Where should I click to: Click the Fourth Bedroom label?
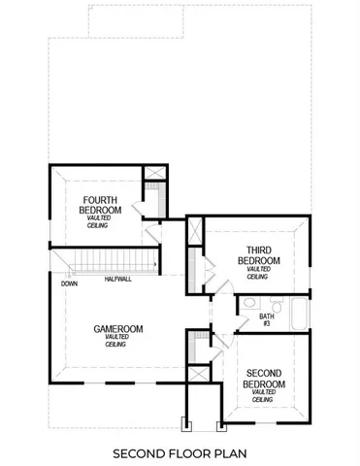click(x=101, y=205)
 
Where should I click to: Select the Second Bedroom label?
click(x=264, y=379)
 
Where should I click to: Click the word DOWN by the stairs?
click(x=68, y=284)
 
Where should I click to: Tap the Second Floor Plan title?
click(x=179, y=452)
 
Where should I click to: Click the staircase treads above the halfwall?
click(x=108, y=261)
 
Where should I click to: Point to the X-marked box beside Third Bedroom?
click(x=195, y=231)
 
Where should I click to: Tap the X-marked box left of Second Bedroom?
click(x=197, y=373)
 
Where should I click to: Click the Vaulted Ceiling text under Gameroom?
click(x=117, y=341)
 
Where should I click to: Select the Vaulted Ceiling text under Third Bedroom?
click(x=257, y=273)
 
